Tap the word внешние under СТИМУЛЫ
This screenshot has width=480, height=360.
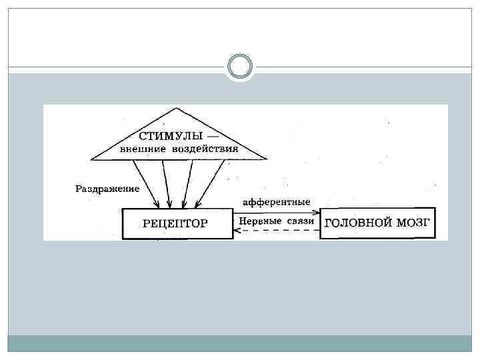point(142,148)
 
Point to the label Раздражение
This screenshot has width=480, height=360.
point(107,189)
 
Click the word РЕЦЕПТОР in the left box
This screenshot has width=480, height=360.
point(175,223)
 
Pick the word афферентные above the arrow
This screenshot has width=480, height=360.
point(277,201)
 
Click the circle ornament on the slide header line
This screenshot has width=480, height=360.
point(240,67)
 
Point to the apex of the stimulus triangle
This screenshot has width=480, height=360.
point(175,109)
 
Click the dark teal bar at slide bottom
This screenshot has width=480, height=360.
point(240,343)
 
